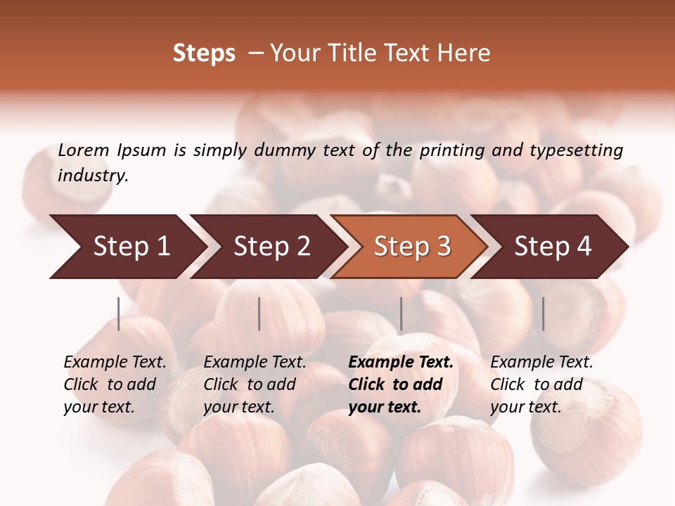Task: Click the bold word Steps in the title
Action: coord(204,53)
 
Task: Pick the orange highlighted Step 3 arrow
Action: coord(412,246)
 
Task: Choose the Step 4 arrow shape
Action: coord(553,246)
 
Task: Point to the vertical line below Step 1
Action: coord(119,313)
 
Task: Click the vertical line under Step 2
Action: coord(259,313)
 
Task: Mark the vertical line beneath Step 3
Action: coord(401,313)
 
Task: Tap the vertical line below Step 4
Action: coord(543,313)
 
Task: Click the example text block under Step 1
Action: coord(115,384)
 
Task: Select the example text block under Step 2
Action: coord(255,384)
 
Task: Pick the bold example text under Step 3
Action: coord(401,384)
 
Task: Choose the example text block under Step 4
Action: coord(541,384)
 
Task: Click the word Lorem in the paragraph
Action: coord(84,150)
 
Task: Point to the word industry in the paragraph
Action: coord(93,175)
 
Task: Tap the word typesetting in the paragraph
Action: coord(576,150)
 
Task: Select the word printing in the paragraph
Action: coord(452,150)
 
